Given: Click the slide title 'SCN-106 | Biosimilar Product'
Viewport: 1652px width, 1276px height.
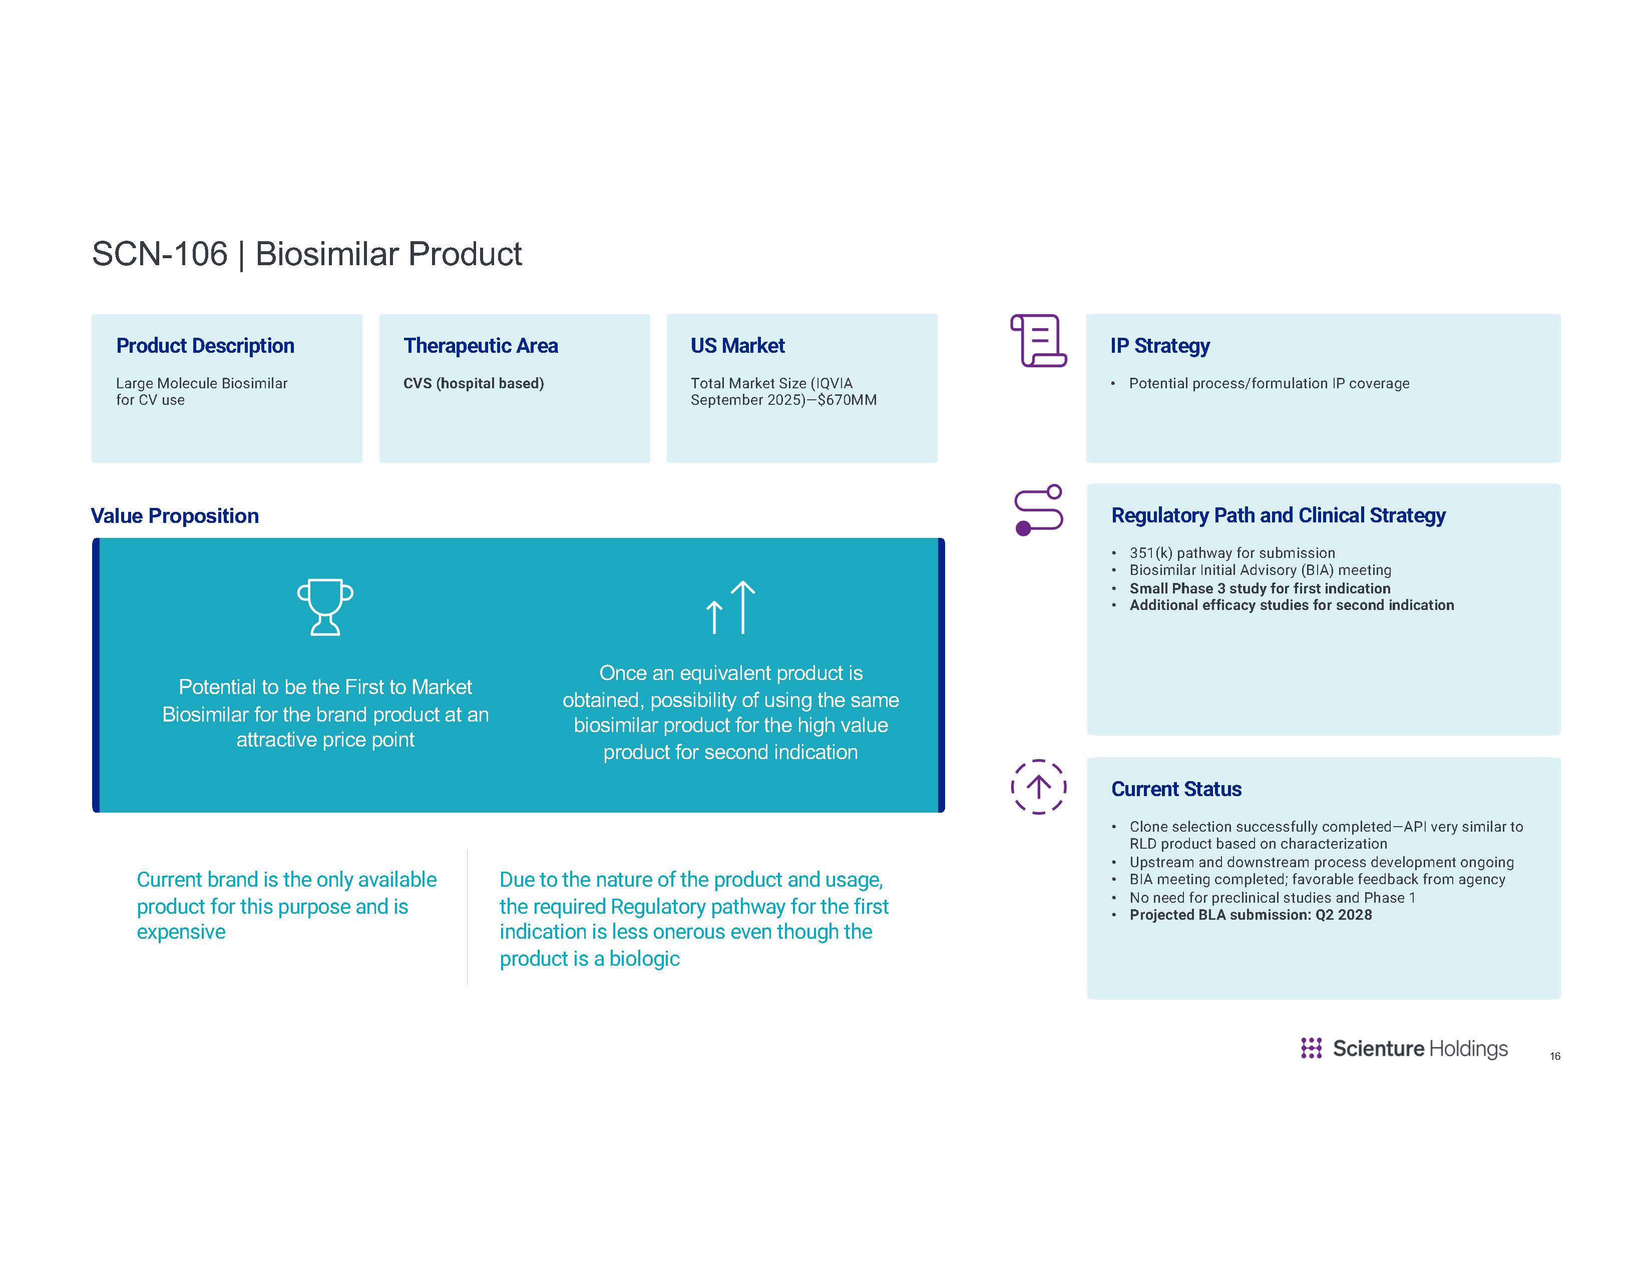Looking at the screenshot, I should tap(306, 254).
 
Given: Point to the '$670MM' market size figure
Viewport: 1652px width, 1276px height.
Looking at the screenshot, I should tap(847, 400).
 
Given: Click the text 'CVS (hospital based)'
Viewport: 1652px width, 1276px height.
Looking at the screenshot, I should tap(474, 383).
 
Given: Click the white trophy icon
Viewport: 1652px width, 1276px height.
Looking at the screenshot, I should tap(325, 607).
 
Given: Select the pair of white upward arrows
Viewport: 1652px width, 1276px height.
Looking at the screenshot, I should tap(730, 607).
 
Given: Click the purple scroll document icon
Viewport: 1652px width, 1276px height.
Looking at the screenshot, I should tap(1038, 341).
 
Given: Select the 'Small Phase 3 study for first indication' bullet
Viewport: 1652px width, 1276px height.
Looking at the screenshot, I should tap(1260, 588).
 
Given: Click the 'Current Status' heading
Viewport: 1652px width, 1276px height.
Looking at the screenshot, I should tap(1176, 789).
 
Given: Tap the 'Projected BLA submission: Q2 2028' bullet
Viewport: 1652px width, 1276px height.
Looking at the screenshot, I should tap(1251, 915).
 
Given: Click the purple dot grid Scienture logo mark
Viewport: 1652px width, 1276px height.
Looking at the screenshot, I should tap(1311, 1048).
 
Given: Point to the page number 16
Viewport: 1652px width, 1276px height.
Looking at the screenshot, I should tap(1554, 1056).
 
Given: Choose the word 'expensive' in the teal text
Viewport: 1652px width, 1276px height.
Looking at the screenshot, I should tap(181, 932).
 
